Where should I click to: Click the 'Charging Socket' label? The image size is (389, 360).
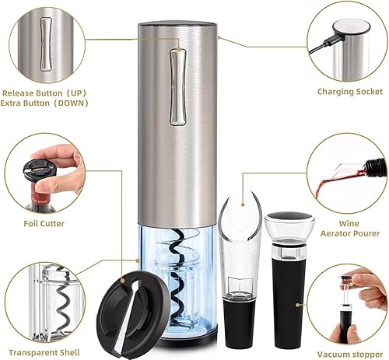point(350,92)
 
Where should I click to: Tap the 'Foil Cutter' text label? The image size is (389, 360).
point(44,223)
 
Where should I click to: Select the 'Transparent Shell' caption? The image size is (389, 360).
point(44,352)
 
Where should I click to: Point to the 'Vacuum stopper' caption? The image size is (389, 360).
point(350,354)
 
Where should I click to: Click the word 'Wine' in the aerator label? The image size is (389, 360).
point(349,223)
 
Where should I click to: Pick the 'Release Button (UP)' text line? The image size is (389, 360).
point(44,93)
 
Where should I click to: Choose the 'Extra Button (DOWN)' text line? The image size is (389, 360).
point(44,103)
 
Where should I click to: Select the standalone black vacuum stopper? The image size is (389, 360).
point(289,280)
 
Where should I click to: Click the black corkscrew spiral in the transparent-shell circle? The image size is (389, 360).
point(63,306)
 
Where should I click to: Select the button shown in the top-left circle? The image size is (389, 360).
point(45,44)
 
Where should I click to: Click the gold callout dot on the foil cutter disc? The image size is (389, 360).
point(122,280)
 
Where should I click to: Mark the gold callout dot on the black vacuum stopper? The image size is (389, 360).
point(298,305)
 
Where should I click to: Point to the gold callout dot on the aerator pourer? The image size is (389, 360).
point(243,204)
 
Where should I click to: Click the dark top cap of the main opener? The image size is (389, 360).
point(177,25)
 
